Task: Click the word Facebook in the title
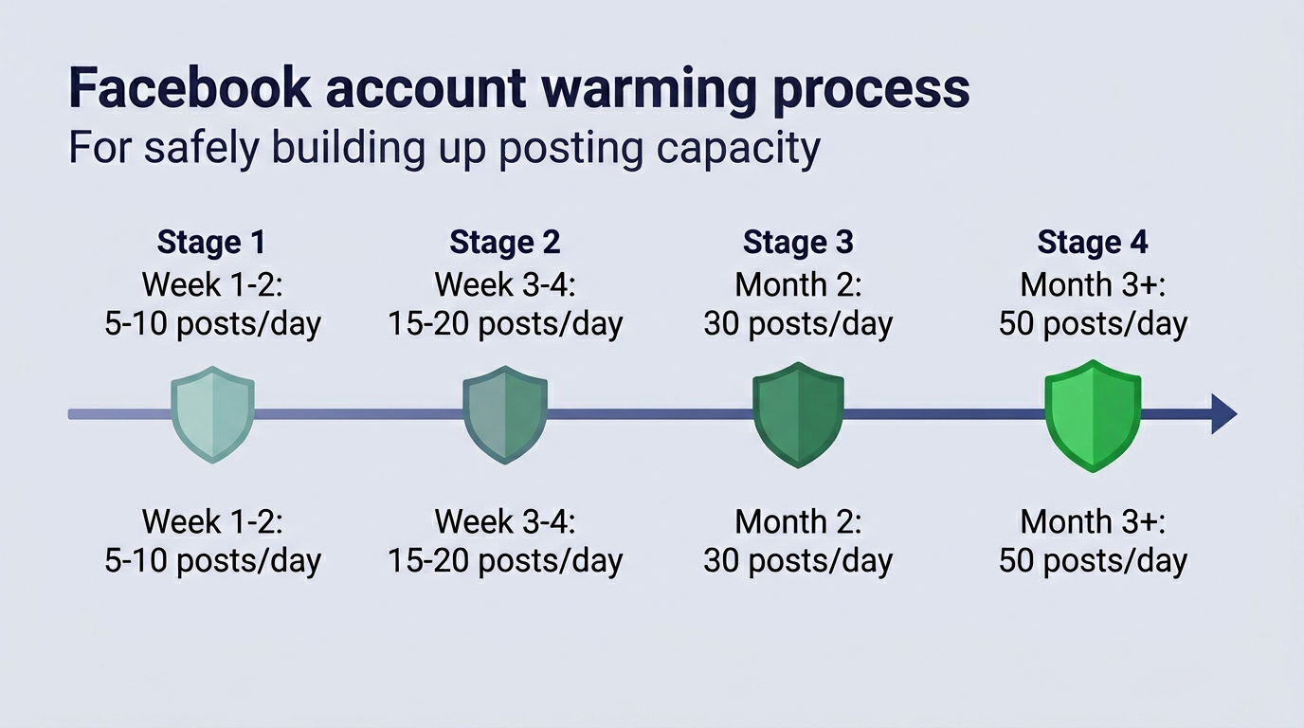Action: pos(189,88)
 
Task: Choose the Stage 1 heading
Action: pos(211,243)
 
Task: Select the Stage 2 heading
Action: pos(505,243)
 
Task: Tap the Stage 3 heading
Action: pos(798,243)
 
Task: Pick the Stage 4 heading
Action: pos(1093,243)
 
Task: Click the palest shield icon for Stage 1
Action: pos(212,414)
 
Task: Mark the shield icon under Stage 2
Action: pos(505,414)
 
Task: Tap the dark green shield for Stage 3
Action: pos(798,414)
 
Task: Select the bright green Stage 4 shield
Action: pos(1093,414)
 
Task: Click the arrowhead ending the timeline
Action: pos(1223,414)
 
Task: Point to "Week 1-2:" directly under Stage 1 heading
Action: pos(212,284)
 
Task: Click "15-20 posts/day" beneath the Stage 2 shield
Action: pos(505,560)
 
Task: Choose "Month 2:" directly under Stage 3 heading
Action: pos(798,284)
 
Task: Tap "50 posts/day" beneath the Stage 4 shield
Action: pos(1093,560)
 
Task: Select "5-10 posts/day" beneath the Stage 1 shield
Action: pos(212,560)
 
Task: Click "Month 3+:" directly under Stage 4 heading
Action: pos(1093,284)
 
